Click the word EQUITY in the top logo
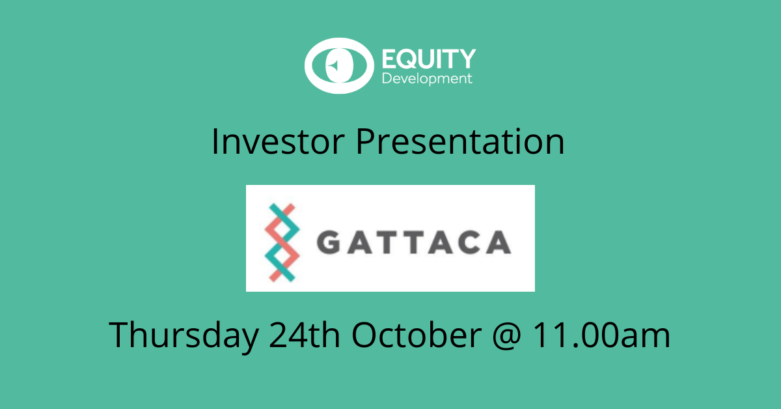[429, 59]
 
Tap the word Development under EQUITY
[427, 79]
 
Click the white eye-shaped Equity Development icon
[339, 66]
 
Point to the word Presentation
[460, 141]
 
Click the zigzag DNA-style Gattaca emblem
[282, 242]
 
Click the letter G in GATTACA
[329, 242]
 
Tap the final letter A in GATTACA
[499, 242]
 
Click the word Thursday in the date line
[184, 335]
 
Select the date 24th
[305, 334]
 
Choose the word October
[417, 334]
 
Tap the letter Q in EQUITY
[407, 59]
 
